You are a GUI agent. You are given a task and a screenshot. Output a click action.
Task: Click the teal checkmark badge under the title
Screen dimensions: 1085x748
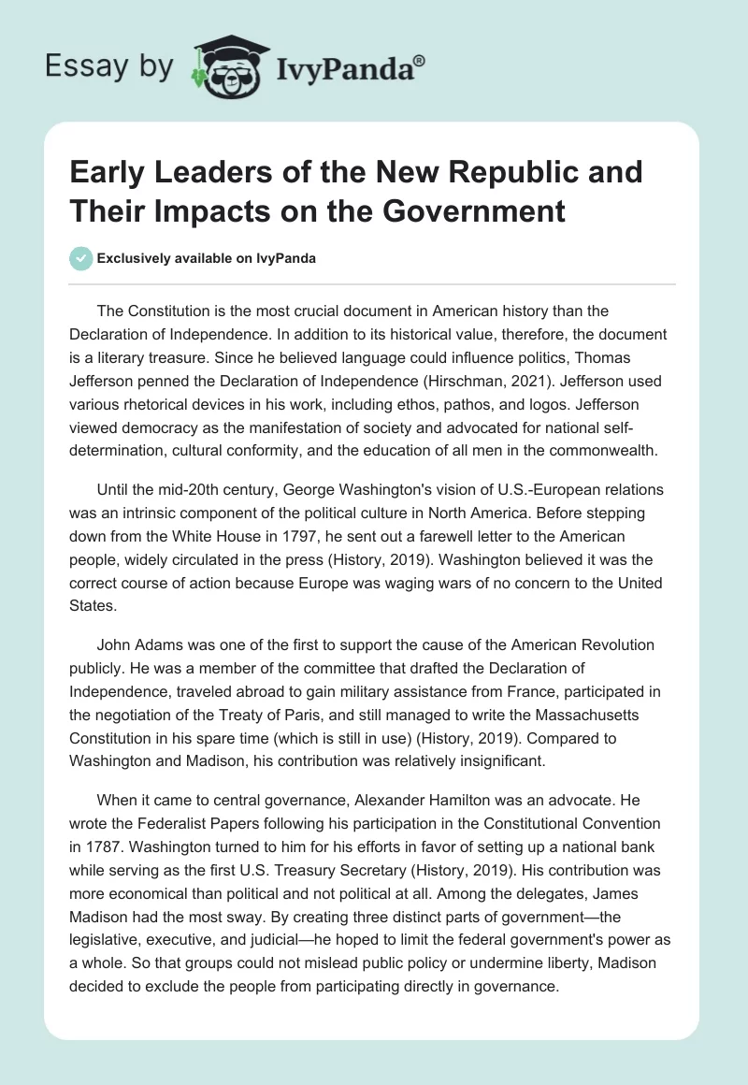(x=81, y=258)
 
